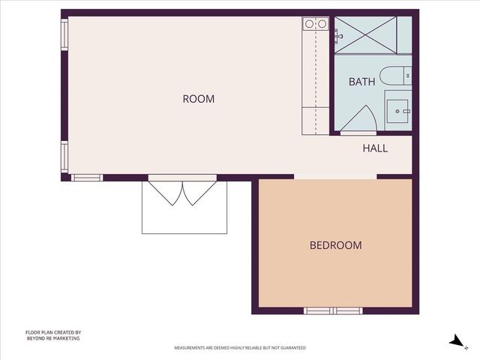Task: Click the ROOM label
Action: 199,99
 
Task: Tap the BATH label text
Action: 361,82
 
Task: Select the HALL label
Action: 375,148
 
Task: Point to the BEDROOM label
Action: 336,245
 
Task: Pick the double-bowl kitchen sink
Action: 315,24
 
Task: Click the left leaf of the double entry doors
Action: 167,193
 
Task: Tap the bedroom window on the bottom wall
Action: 333,310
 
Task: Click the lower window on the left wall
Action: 64,157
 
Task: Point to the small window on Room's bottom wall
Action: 86,178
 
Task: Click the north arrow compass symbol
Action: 455,340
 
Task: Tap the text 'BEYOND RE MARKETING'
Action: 52,338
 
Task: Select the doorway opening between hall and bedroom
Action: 334,177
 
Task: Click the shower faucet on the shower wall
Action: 338,34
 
